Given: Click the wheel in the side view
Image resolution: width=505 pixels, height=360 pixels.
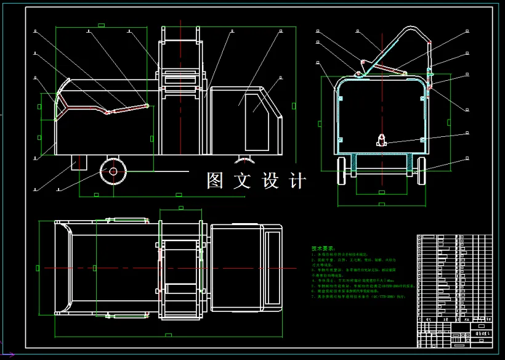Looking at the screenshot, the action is pos(113,171).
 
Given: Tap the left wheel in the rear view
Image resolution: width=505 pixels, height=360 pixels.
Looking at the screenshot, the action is pos(341,170).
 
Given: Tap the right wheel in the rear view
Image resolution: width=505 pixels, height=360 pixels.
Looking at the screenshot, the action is pos(421,170).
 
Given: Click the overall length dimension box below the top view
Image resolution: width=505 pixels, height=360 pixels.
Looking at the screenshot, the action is pos(168,335).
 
